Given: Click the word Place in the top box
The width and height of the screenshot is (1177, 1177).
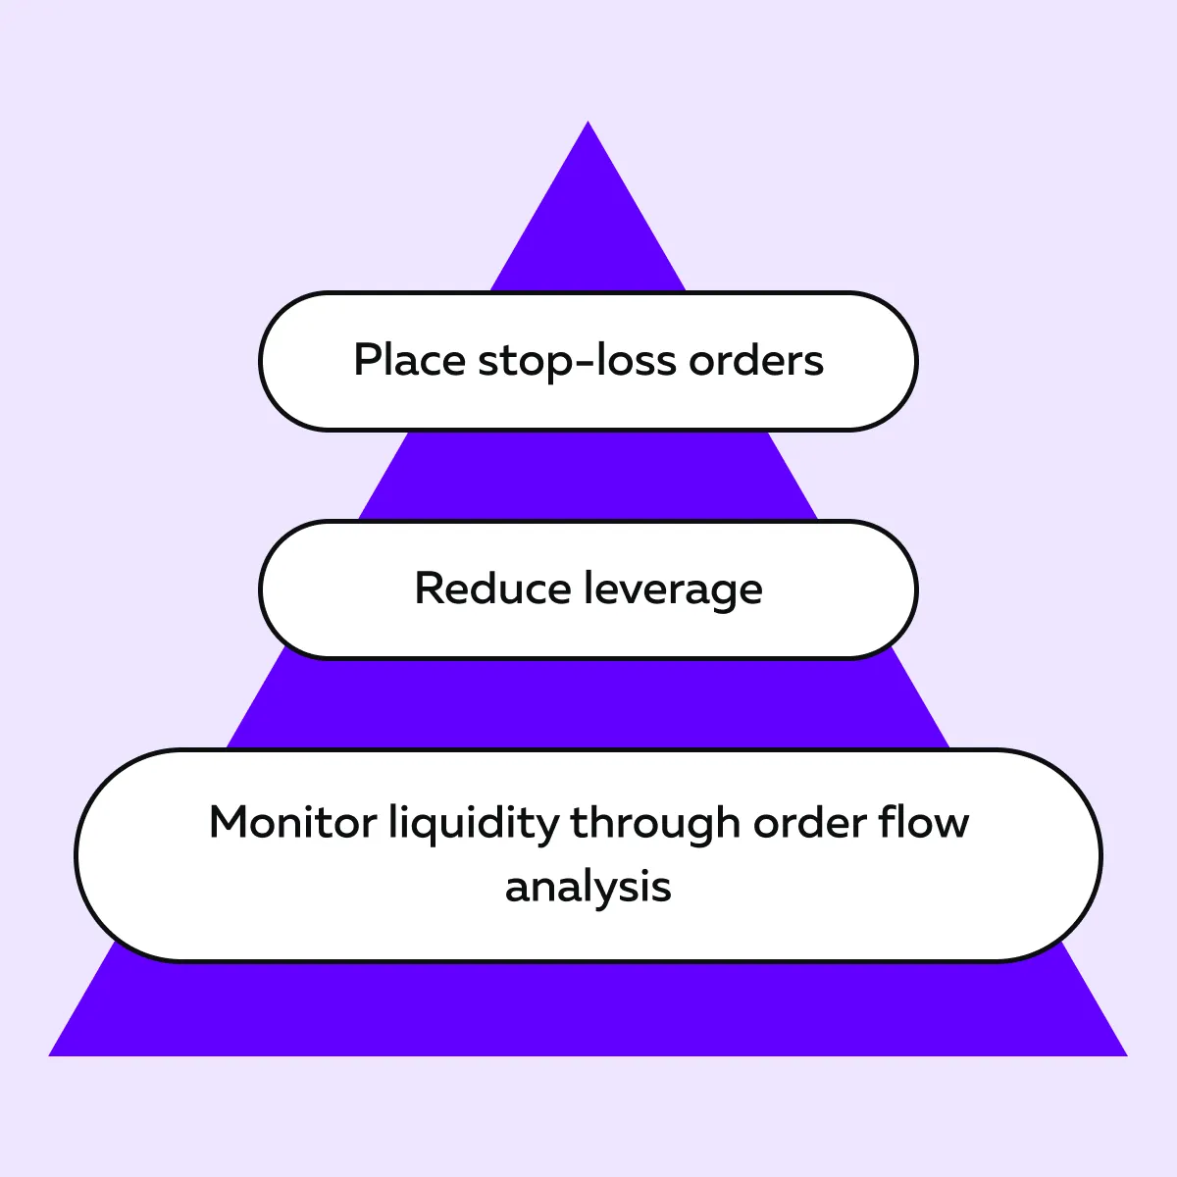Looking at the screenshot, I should click(409, 360).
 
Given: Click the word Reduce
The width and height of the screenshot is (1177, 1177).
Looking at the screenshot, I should click(492, 588).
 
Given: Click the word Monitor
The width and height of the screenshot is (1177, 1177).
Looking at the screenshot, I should click(292, 822).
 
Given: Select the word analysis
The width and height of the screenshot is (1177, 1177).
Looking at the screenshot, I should click(588, 888).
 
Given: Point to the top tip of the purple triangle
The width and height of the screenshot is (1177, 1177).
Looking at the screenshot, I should click(588, 124).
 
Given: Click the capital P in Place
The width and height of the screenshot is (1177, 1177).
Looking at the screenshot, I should click(365, 360).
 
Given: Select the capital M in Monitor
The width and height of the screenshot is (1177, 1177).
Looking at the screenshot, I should click(231, 822).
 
